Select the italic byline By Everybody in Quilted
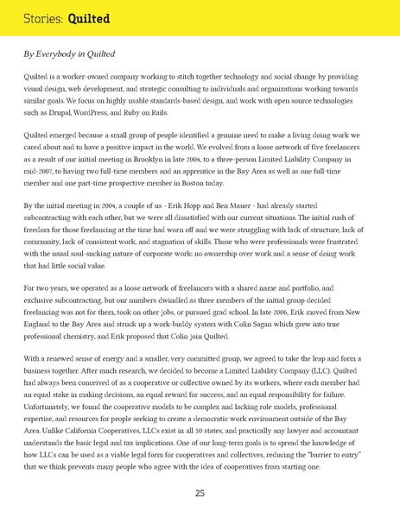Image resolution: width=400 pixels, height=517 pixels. click(69, 54)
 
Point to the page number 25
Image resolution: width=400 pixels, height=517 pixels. click(200, 493)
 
